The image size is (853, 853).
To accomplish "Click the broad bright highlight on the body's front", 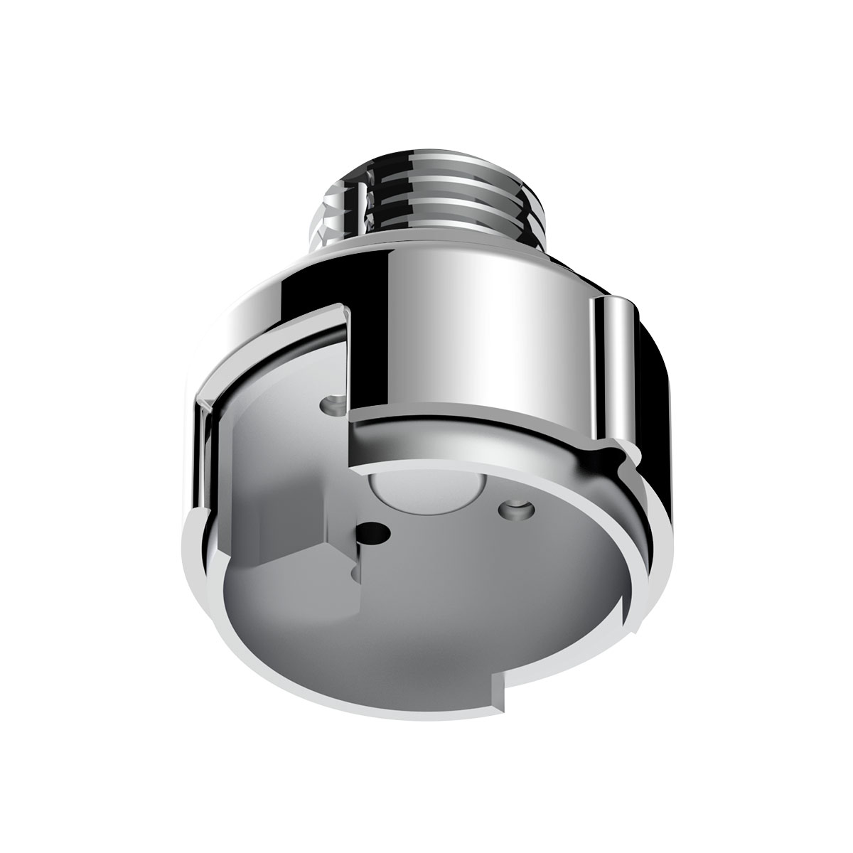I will pyautogui.click(x=490, y=334).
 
